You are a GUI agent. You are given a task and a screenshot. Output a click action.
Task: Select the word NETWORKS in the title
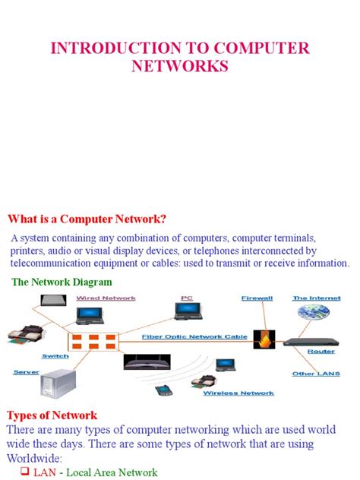179,67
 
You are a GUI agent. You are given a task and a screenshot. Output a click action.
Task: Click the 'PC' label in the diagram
187,298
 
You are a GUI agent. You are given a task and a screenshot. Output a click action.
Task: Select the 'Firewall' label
257,298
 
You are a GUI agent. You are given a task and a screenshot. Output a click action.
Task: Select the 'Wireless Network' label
238,393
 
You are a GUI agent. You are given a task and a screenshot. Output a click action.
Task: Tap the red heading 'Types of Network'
52,415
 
